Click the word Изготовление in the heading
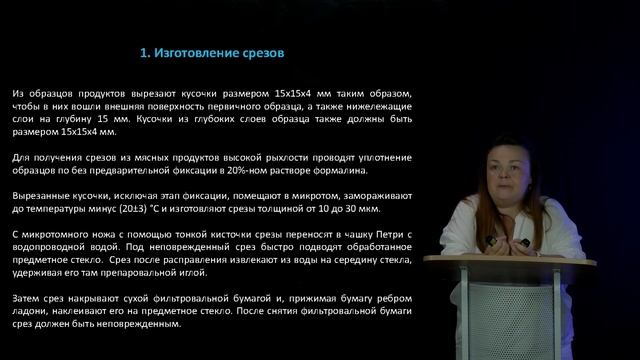click(201, 51)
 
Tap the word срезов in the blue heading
click(266, 51)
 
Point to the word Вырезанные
click(46, 195)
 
